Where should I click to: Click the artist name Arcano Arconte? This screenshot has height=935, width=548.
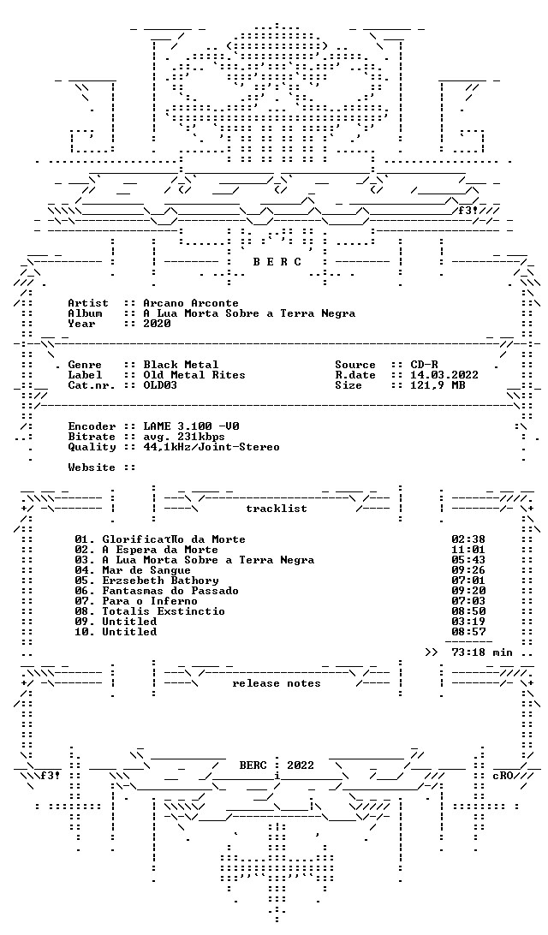pos(191,303)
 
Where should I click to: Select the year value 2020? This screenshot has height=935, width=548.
pos(157,324)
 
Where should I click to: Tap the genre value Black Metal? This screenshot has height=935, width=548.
pos(181,365)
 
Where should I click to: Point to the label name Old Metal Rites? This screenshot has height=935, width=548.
pos(194,375)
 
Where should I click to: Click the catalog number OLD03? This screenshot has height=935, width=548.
pos(160,385)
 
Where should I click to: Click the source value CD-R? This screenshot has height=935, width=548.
pos(424,365)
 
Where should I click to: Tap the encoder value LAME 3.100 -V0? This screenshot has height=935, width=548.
pos(192,427)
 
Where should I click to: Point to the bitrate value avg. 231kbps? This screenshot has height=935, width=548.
pos(184,437)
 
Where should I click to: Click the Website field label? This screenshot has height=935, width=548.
pos(92,467)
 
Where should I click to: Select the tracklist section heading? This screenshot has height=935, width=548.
pos(277,509)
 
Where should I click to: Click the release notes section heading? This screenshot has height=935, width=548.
pos(277,683)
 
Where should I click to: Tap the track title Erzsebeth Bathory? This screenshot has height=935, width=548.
pos(160,581)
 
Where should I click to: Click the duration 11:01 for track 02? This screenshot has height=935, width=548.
pos(468,550)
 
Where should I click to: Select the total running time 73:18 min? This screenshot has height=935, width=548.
pos(482,652)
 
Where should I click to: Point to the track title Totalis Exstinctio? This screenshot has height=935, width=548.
pos(164,611)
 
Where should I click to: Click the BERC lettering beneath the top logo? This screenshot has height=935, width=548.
pos(277,262)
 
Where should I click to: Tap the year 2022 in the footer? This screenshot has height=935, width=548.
pos(301,765)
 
